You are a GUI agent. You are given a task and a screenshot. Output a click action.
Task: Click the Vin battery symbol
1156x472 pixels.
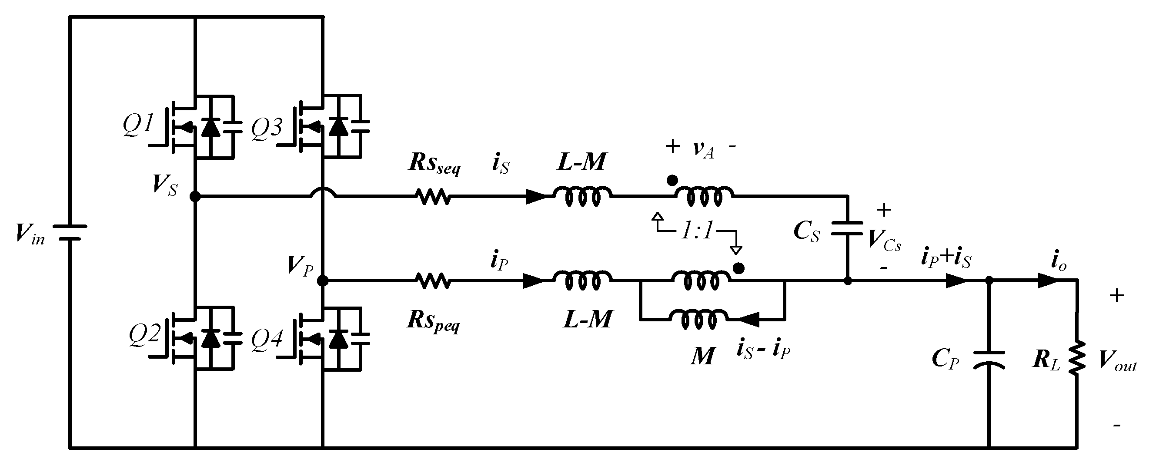pyautogui.click(x=70, y=233)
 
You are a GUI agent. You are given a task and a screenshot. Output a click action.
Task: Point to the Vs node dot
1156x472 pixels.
pyautogui.click(x=195, y=196)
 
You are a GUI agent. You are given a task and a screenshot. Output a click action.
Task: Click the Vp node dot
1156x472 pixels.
pyautogui.click(x=323, y=281)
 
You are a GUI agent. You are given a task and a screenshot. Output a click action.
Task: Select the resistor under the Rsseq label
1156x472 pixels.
pyautogui.click(x=433, y=196)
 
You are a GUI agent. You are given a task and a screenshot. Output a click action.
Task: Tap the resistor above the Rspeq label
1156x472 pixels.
pyautogui.click(x=433, y=281)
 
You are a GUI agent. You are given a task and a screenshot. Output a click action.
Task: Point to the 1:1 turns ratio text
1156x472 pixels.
pyautogui.click(x=697, y=231)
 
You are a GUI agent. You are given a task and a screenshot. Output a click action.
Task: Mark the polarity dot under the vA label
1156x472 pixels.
pyautogui.click(x=672, y=180)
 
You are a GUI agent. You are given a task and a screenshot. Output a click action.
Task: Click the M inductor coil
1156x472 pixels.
pyautogui.click(x=699, y=319)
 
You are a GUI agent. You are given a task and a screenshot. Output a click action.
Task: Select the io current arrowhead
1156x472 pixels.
pyautogui.click(x=1047, y=281)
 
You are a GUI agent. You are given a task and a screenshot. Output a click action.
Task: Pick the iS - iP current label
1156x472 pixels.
pyautogui.click(x=763, y=351)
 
